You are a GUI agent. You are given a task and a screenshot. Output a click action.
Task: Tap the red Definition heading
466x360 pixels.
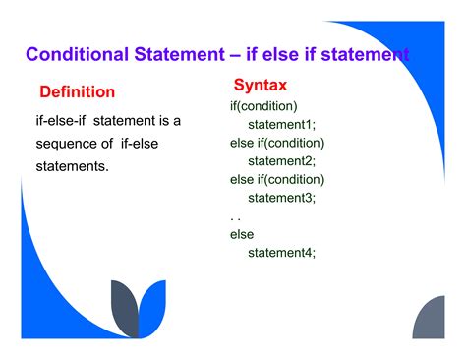pyautogui.click(x=77, y=91)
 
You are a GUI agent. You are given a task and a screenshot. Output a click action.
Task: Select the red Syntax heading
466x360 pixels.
pyautogui.click(x=261, y=85)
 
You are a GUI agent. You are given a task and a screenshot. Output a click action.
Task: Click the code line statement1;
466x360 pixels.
pyautogui.click(x=281, y=124)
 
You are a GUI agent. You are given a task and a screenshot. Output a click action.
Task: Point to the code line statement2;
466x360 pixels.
pyautogui.click(x=281, y=161)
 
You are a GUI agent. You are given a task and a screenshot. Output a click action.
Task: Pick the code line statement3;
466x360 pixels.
pyautogui.click(x=281, y=198)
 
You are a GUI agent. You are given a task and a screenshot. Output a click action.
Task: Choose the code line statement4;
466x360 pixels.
pyautogui.click(x=281, y=253)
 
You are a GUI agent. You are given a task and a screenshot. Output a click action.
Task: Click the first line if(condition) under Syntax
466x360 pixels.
pyautogui.click(x=263, y=105)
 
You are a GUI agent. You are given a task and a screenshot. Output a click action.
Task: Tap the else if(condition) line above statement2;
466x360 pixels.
pyautogui.click(x=277, y=143)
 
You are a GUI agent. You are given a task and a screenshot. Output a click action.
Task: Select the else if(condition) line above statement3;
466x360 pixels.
pyautogui.click(x=277, y=179)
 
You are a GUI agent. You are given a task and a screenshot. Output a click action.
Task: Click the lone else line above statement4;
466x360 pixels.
pyautogui.click(x=242, y=234)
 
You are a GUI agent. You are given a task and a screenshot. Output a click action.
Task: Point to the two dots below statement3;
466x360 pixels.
pyautogui.click(x=235, y=217)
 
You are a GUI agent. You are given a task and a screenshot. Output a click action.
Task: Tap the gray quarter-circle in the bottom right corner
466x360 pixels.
pyautogui.click(x=432, y=321)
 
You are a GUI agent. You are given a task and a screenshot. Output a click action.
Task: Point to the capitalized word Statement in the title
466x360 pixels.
pyautogui.click(x=158, y=53)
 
